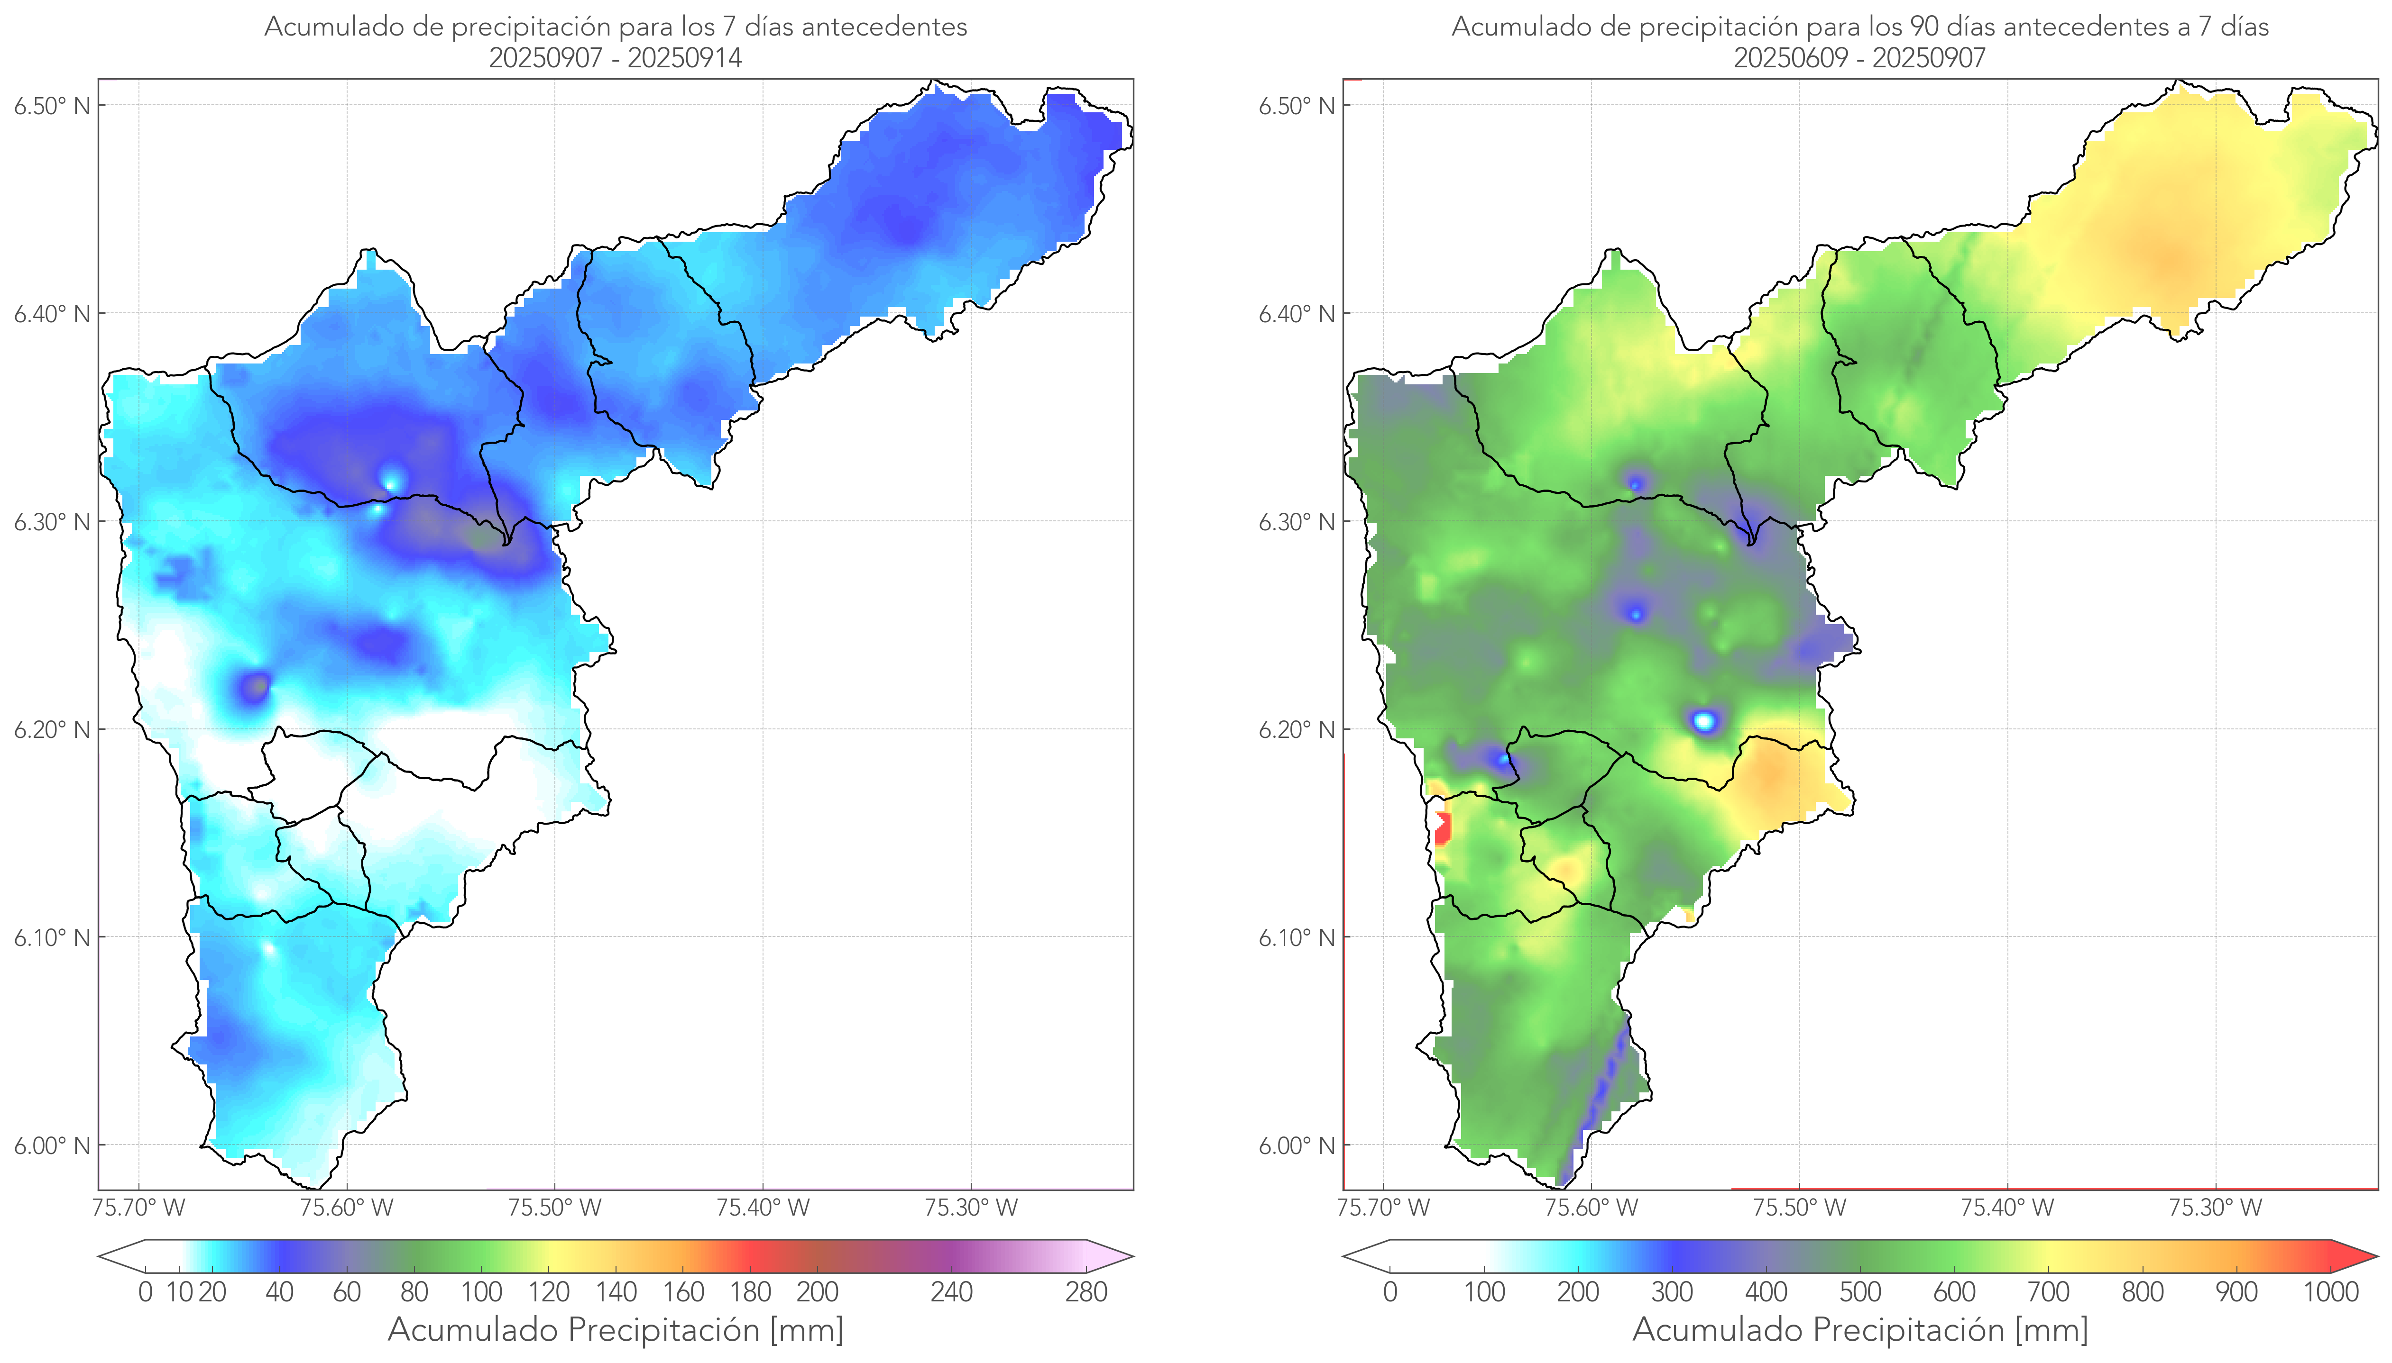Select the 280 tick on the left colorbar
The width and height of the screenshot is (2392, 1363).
point(1086,1292)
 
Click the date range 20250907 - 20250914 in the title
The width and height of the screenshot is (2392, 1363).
point(616,58)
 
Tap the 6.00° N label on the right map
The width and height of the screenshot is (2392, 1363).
point(1297,1146)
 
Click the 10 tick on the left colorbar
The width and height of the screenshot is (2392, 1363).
point(179,1292)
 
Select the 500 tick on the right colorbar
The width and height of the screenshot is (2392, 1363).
point(1860,1292)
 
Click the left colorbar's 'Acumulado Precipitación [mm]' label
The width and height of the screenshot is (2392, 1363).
point(616,1329)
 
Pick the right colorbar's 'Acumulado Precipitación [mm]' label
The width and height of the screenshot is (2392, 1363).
point(1860,1329)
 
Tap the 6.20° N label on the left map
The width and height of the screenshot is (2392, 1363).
point(53,729)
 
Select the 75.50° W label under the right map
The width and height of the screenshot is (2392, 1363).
point(1799,1208)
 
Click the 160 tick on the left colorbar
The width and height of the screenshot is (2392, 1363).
point(684,1292)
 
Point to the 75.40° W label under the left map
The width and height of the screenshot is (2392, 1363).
point(763,1208)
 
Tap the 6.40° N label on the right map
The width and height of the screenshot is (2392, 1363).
point(1297,314)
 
